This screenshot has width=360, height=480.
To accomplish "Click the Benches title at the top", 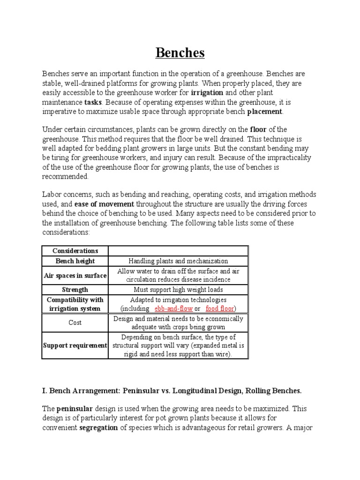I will pos(180,53).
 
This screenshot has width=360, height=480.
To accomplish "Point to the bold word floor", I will pos(258,129).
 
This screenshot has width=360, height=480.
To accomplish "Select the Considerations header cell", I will pos(75,251).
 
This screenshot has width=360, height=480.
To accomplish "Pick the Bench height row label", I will pos(75,261).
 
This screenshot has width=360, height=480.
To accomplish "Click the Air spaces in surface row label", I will pos(75,276).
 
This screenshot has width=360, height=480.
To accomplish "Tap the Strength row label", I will pos(75,290).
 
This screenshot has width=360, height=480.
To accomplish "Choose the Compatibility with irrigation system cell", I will pos(75,304).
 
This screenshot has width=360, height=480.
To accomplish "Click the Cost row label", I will pos(75,322).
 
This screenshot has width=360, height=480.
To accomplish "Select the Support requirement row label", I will pos(75,345).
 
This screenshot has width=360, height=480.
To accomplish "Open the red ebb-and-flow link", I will pos(173,308).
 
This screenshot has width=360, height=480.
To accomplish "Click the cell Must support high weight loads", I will pos(178,290).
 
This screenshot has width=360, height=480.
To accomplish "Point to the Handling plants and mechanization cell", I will pos(178,261).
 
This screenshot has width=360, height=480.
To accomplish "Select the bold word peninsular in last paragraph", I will pos(76,409).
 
